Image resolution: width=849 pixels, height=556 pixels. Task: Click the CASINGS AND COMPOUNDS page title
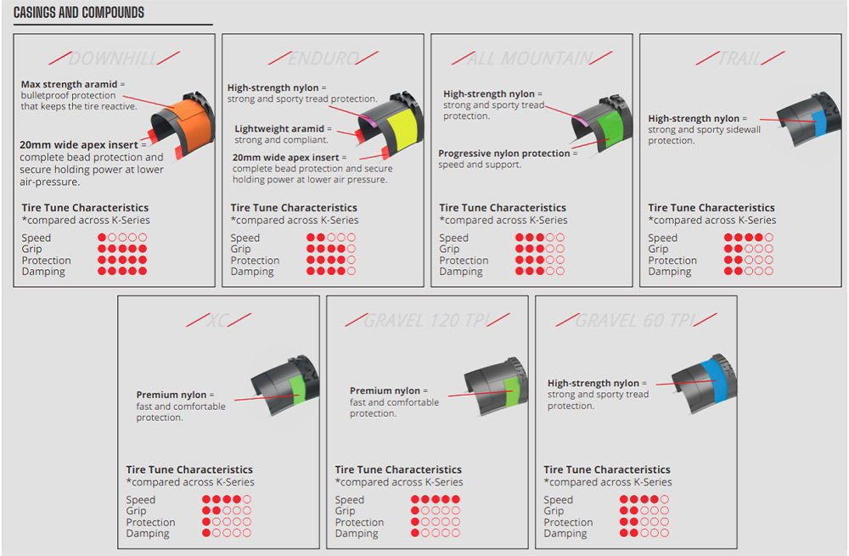[x=79, y=13]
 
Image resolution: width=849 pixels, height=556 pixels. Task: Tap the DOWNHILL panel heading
[x=114, y=59]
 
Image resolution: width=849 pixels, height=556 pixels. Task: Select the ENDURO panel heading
[x=323, y=59]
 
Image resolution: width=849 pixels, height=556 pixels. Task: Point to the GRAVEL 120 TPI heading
[x=428, y=321]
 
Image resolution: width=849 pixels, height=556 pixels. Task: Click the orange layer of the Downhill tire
[x=189, y=127]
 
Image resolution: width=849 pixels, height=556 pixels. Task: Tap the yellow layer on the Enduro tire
[x=402, y=129]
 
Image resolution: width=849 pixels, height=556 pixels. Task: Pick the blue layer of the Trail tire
[x=819, y=123]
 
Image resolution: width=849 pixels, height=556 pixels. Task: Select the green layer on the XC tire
[x=297, y=389]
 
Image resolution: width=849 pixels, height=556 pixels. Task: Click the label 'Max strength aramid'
[x=69, y=84]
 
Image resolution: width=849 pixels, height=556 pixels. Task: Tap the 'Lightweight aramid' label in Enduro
[x=278, y=129]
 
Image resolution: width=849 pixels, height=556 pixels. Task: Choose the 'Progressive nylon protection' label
[x=504, y=153]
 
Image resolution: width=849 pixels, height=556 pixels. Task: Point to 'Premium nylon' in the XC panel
[x=171, y=395]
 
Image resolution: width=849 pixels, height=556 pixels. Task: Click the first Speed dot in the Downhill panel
[x=102, y=237]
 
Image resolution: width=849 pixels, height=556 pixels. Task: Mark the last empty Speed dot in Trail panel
[x=769, y=237]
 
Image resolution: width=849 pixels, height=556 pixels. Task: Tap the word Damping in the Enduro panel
[x=252, y=272]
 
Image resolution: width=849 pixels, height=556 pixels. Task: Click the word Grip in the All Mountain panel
[x=449, y=249]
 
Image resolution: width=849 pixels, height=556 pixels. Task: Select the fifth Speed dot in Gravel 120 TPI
[x=456, y=499]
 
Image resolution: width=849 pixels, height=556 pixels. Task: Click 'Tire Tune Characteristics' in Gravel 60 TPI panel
[x=607, y=469]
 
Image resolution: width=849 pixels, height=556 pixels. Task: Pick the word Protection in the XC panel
[x=150, y=522]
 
